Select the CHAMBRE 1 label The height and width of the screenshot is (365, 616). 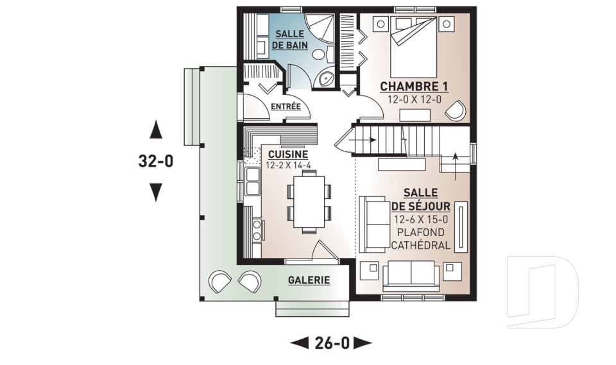(414, 87)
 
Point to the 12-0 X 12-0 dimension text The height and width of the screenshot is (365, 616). (414, 99)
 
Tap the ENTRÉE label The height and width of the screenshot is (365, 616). (286, 106)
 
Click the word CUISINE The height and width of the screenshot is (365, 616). (287, 154)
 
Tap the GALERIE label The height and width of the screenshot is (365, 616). (309, 280)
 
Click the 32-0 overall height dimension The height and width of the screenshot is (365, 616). (155, 161)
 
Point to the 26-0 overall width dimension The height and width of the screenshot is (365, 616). (332, 343)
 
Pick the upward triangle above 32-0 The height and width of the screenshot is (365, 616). (155, 131)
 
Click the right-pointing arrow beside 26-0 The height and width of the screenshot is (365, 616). (363, 343)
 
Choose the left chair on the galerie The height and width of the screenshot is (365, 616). (219, 282)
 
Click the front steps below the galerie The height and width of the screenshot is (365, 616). (311, 309)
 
